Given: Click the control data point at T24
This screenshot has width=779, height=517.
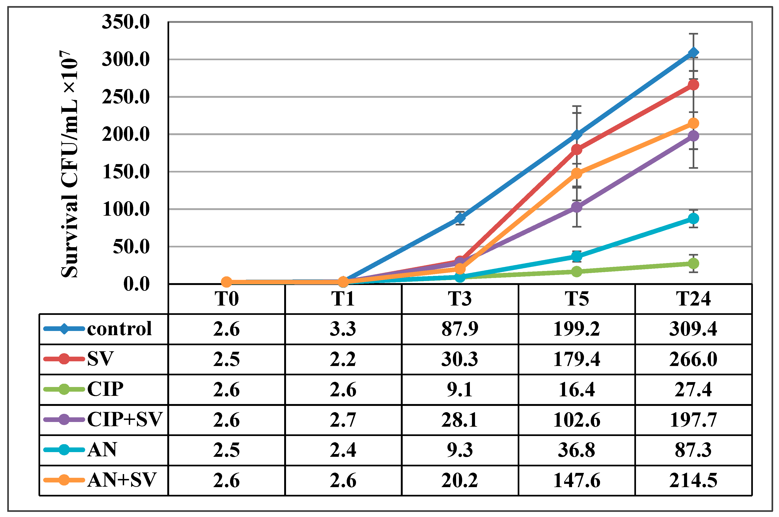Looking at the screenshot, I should pyautogui.click(x=693, y=53).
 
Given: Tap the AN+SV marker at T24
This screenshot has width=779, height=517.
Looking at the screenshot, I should pyautogui.click(x=693, y=123).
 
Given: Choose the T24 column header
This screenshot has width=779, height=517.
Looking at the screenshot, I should pyautogui.click(x=693, y=299).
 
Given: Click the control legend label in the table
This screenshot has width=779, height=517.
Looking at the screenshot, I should pyautogui.click(x=119, y=329).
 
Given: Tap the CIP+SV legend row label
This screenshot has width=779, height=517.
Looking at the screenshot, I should pyautogui.click(x=125, y=419).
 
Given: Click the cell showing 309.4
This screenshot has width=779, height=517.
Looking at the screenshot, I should pyautogui.click(x=693, y=329).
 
